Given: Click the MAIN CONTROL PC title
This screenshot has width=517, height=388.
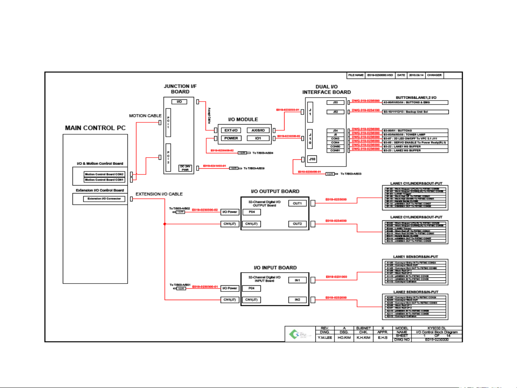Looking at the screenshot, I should tap(95, 128).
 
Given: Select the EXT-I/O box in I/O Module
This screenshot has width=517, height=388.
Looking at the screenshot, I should tap(231, 130).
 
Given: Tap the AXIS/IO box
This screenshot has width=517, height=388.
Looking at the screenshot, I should tap(258, 130).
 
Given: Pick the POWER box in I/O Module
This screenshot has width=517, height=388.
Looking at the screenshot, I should tap(231, 138).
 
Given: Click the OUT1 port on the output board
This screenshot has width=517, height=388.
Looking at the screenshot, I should tap(297, 204).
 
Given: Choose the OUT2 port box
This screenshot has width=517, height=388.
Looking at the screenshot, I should tap(297, 224).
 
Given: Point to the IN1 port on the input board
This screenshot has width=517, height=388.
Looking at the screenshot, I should tap(297, 280).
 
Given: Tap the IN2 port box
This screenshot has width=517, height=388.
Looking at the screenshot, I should tap(297, 299).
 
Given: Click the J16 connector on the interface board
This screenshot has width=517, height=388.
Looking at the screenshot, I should tap(312, 159).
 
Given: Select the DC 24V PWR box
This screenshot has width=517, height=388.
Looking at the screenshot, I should tap(185, 168).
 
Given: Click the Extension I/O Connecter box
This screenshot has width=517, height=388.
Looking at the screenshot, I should tap(104, 198).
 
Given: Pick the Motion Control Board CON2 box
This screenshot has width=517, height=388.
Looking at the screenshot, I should tap(104, 174).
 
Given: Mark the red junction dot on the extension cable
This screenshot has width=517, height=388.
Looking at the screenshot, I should tap(165, 224).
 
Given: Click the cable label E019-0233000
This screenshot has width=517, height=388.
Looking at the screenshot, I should tap(336, 200).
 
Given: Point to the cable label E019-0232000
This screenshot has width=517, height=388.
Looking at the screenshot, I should tap(336, 298).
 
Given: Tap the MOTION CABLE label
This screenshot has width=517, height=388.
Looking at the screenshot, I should tap(145, 116).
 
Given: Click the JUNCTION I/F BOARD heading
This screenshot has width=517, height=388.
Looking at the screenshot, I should tap(180, 89).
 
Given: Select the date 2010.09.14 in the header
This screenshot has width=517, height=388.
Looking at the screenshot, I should tap(416, 75).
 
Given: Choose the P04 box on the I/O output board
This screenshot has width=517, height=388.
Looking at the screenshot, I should tap(252, 212).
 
